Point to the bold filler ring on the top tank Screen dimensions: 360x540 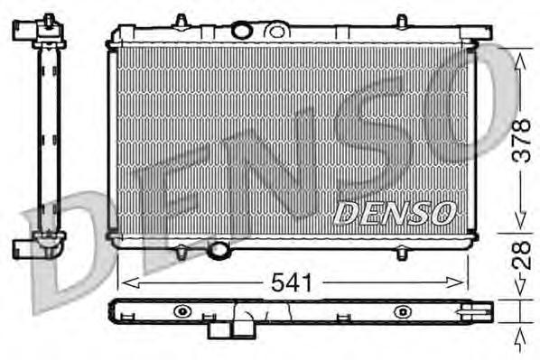click(x=241, y=30)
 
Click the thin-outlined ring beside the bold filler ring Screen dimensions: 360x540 click(x=272, y=30)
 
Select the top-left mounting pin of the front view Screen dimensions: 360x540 click(x=181, y=20)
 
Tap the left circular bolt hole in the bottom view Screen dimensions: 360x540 click(x=182, y=312)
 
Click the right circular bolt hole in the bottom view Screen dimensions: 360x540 click(x=399, y=312)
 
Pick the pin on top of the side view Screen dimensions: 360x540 click(x=43, y=19)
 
